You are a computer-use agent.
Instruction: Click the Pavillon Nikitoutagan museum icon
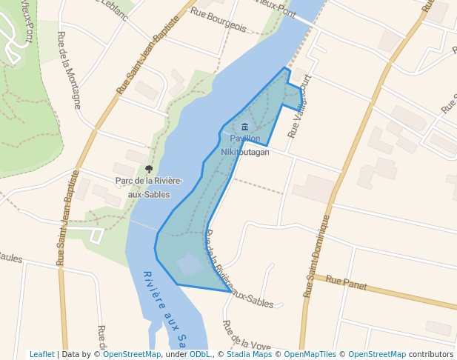(x=245, y=127)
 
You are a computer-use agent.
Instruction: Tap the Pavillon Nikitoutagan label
(x=244, y=144)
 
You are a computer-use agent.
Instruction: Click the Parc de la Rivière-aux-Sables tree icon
(x=149, y=170)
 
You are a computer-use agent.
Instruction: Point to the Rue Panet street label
(x=346, y=281)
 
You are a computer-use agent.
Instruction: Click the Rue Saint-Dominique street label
(x=316, y=256)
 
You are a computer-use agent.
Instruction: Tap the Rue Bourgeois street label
(x=218, y=20)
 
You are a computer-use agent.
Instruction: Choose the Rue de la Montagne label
(x=70, y=70)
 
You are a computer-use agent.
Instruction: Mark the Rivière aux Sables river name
(x=164, y=307)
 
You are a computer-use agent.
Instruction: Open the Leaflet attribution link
(x=41, y=354)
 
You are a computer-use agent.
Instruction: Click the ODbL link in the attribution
(x=199, y=354)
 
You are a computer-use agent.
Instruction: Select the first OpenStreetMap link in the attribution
(x=132, y=354)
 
